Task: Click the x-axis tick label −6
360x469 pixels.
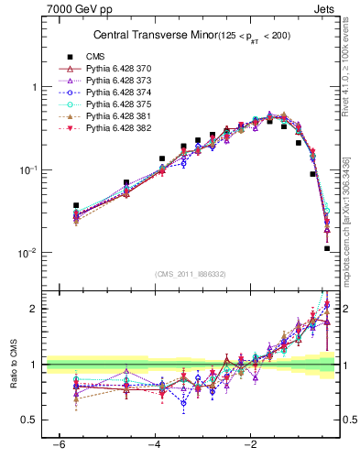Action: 58,446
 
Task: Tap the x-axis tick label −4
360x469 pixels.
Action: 154,446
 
